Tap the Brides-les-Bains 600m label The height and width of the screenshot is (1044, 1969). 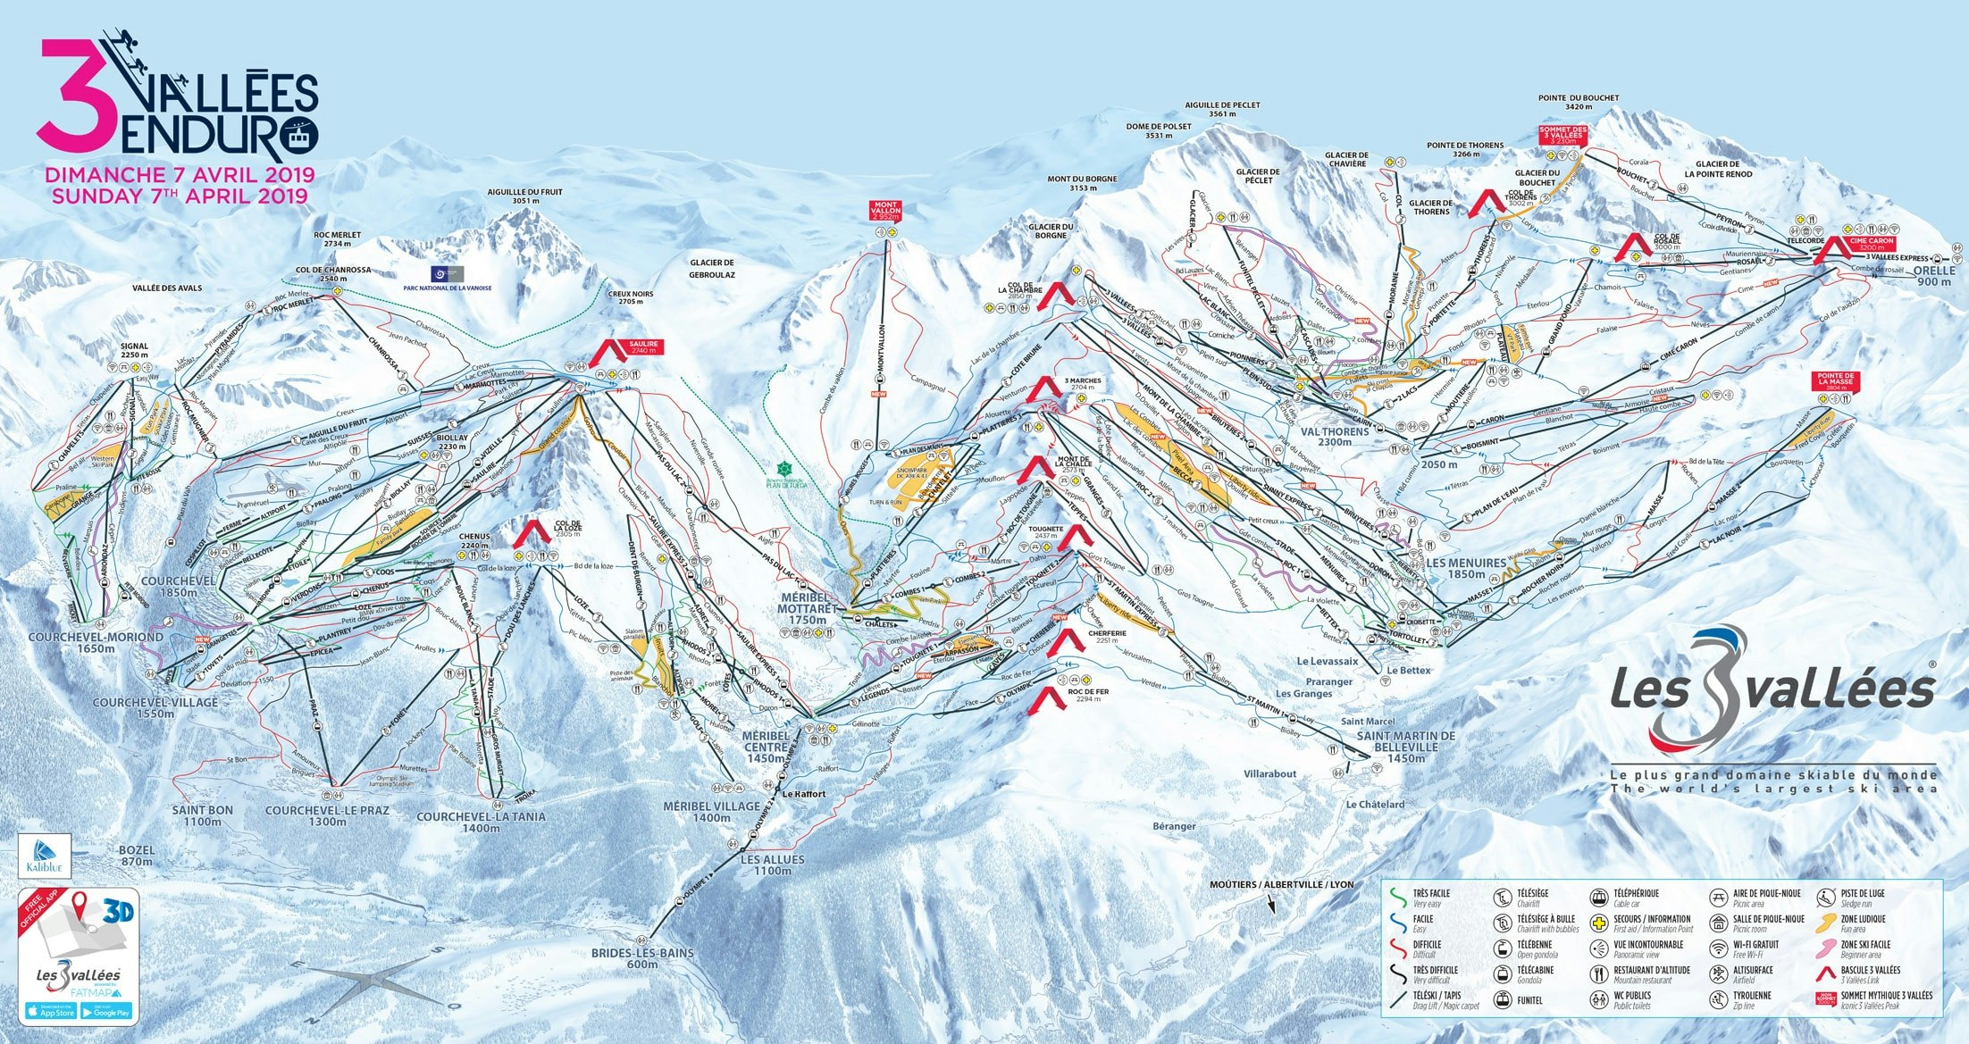point(641,958)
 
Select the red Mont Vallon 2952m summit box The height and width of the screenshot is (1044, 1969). point(886,211)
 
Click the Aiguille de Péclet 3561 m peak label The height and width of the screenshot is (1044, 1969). point(1222,109)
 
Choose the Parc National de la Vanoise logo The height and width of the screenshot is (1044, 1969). point(448,272)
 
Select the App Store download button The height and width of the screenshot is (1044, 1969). point(51,1011)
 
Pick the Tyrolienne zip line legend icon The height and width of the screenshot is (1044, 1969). point(1718,1000)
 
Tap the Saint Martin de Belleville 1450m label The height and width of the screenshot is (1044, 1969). point(1405,747)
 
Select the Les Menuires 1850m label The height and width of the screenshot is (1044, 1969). point(1465,568)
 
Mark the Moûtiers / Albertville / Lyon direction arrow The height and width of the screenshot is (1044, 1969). point(1270,904)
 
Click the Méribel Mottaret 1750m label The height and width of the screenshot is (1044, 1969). point(802,608)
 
